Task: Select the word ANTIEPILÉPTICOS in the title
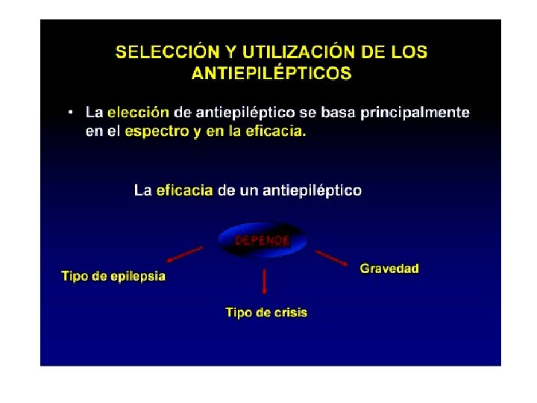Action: tap(271, 73)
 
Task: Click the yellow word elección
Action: tap(138, 113)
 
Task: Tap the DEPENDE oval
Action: tap(262, 240)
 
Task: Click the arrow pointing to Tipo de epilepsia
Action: tap(184, 254)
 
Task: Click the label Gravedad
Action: tap(389, 269)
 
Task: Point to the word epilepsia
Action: tap(137, 277)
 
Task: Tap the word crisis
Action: tap(290, 313)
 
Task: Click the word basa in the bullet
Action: tap(339, 113)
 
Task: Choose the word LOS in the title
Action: tap(409, 53)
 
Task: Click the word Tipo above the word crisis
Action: tap(239, 313)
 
